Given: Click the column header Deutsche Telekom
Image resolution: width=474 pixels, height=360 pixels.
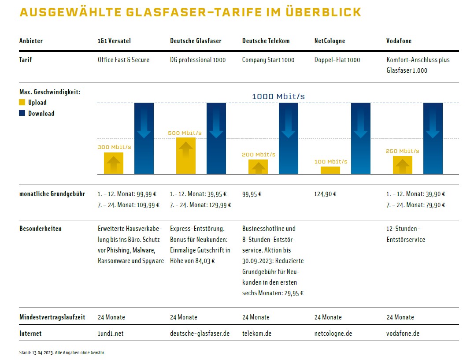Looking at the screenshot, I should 266,41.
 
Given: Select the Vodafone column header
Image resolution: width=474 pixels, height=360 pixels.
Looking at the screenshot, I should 399,41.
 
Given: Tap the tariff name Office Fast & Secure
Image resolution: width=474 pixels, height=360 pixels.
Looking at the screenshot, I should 123,60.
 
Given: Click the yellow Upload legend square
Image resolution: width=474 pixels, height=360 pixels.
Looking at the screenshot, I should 22,103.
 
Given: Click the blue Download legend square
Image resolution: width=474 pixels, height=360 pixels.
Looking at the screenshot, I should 22,114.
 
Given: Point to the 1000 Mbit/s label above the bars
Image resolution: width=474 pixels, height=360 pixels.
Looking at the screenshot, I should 278,96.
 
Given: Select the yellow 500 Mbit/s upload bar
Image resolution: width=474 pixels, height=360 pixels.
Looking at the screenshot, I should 186,156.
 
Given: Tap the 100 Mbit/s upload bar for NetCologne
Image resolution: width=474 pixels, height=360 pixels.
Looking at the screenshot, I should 330,170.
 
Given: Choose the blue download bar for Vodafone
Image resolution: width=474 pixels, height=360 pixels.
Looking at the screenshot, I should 433,138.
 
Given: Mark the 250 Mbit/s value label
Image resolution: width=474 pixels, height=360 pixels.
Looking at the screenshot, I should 402,151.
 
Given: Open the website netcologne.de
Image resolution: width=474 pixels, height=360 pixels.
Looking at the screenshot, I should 333,334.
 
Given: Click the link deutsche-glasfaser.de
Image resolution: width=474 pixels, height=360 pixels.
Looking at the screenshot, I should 200,334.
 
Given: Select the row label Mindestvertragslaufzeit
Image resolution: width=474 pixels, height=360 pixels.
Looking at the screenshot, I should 52,317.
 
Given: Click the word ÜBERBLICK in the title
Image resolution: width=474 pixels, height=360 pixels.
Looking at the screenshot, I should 321,12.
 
